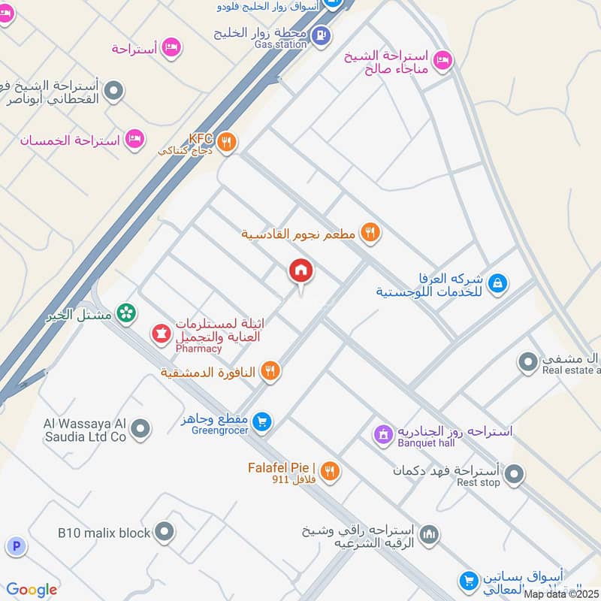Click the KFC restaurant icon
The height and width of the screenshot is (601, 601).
tap(227, 140)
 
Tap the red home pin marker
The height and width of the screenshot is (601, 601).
tap(301, 271)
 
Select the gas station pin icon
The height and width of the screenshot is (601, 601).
tap(321, 35)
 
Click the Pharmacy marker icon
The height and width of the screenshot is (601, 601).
tap(161, 332)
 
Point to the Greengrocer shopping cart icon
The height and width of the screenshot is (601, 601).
tap(262, 421)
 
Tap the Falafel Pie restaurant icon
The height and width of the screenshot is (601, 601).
tap(329, 472)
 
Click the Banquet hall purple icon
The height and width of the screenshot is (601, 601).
tap(383, 433)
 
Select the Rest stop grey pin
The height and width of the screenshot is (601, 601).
tap(515, 473)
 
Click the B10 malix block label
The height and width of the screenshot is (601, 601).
tap(104, 533)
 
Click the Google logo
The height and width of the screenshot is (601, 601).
tap(32, 590)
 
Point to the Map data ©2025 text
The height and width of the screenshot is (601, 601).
tap(561, 593)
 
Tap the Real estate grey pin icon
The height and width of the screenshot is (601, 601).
tap(527, 361)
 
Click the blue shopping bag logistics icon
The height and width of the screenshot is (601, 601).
tap(497, 283)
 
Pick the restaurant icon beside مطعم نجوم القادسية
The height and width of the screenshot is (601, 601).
tap(369, 233)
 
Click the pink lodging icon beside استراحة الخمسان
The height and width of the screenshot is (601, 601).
tap(134, 139)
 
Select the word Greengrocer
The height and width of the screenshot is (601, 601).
tap(219, 432)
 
